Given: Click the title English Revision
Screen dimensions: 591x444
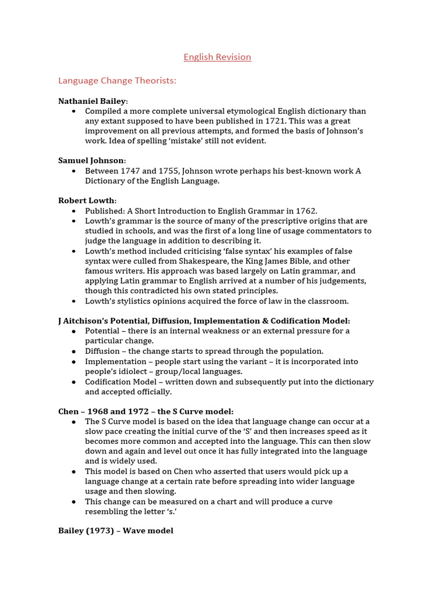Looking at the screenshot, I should coord(217,57).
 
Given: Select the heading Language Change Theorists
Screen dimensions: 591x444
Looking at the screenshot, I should coord(117,81).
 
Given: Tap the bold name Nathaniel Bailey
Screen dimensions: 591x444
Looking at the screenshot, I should coord(92,101).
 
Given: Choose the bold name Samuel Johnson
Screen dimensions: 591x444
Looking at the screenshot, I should coord(91,160).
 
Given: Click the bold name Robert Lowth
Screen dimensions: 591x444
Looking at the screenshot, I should coord(87,200).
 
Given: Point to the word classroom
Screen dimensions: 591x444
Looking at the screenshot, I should coord(327,301).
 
